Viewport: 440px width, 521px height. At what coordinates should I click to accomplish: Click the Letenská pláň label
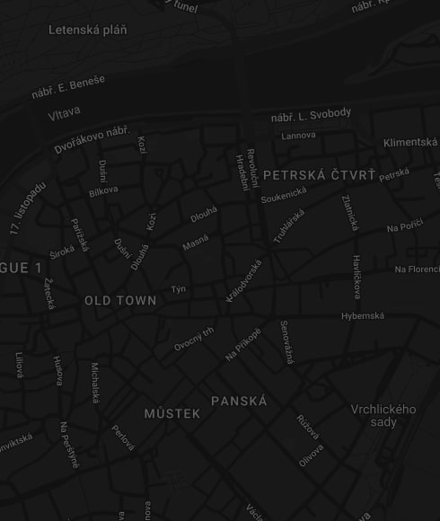[87, 30]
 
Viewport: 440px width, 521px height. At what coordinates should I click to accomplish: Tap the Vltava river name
[64, 114]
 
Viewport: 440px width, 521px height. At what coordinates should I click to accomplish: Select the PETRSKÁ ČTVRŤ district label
[319, 174]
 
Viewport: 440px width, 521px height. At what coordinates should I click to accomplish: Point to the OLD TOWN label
[120, 301]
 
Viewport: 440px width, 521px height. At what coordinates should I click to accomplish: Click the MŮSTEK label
[172, 414]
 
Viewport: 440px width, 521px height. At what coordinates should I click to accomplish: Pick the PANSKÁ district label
[239, 402]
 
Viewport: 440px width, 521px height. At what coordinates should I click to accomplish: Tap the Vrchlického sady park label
[383, 416]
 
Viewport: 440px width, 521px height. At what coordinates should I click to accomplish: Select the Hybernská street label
[363, 316]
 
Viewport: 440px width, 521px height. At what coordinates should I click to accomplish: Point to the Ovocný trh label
[194, 339]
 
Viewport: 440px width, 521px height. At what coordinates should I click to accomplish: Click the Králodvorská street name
[243, 280]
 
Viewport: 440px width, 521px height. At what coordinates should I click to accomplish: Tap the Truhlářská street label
[289, 226]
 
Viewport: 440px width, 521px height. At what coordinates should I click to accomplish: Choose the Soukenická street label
[284, 195]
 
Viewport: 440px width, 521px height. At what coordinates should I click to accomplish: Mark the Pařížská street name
[79, 234]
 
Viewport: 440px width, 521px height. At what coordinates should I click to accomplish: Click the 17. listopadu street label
[27, 208]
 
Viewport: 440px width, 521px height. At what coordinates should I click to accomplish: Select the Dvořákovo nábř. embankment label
[92, 139]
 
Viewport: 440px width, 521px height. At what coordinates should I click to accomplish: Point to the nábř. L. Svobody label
[312, 117]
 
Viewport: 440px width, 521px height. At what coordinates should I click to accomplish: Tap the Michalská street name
[95, 382]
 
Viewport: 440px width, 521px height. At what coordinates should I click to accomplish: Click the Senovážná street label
[286, 341]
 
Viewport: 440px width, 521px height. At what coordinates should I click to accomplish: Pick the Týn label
[179, 289]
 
